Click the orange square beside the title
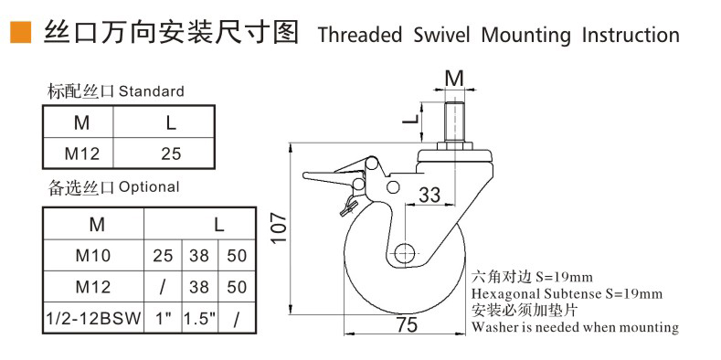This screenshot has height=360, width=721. (x=21, y=32)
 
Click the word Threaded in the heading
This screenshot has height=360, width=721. (x=360, y=35)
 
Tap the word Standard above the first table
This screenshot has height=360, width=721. (x=152, y=91)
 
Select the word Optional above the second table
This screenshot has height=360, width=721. (x=149, y=186)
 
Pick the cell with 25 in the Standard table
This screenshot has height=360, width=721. (x=171, y=154)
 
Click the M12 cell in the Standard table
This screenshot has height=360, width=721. (x=82, y=154)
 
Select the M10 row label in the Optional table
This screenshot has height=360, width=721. (x=93, y=255)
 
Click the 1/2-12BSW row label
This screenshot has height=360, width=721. (x=93, y=318)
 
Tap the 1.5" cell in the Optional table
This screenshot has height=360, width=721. (x=200, y=318)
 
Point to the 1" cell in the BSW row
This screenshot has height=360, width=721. (x=163, y=318)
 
